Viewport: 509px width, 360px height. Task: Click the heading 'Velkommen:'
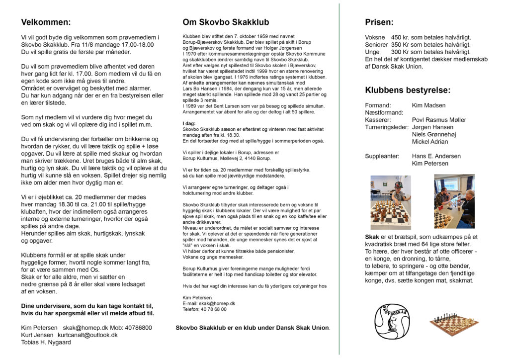46,22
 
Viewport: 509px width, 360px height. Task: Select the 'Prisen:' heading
379,22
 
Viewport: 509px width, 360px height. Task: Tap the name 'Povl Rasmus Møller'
439,120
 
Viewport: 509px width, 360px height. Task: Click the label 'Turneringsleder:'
386,127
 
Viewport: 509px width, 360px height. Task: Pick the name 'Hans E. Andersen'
436,156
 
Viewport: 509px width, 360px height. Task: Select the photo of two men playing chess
454,201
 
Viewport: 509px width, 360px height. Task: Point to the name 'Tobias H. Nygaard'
46,342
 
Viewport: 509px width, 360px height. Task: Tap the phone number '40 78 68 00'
212,309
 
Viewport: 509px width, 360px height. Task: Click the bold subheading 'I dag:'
189,123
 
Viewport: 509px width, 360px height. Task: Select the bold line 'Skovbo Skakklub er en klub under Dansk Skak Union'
253,328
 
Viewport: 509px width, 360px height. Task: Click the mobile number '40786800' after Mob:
139,328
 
